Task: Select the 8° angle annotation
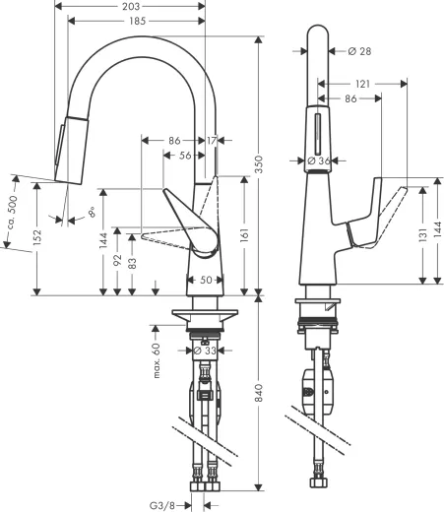pyautogui.click(x=90, y=211)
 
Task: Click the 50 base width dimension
pyautogui.click(x=206, y=281)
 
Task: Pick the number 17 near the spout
pyautogui.click(x=212, y=141)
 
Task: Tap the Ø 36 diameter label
pyautogui.click(x=317, y=160)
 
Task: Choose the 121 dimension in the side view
pyautogui.click(x=364, y=86)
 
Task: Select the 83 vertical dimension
pyautogui.click(x=133, y=266)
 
